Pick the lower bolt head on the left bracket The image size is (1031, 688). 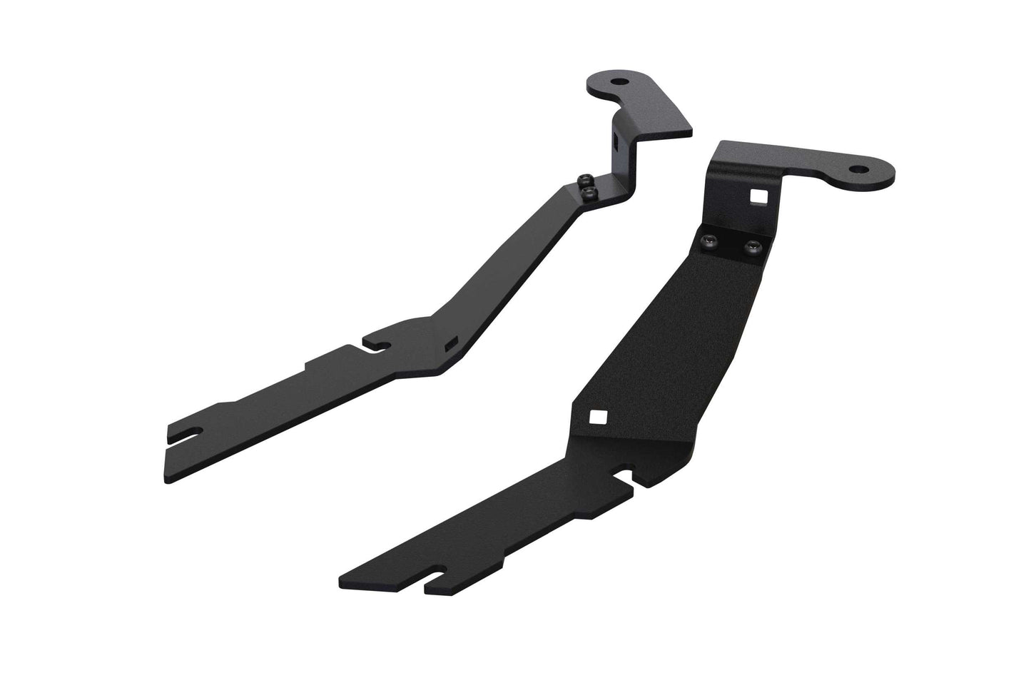587,193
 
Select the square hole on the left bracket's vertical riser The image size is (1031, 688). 615,141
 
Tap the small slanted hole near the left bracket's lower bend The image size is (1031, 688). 450,345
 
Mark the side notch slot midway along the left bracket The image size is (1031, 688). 376,345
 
